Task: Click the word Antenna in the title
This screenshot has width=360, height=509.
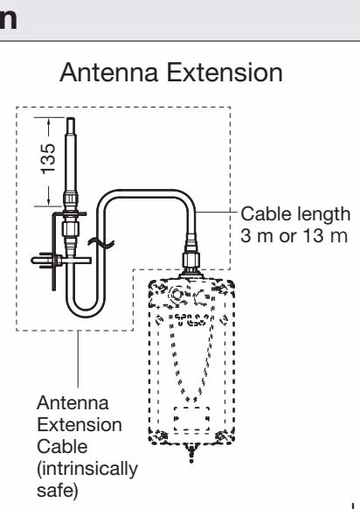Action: pyautogui.click(x=109, y=73)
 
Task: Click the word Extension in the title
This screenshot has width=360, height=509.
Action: pyautogui.click(x=225, y=73)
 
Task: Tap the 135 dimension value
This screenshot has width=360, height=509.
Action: pyautogui.click(x=48, y=158)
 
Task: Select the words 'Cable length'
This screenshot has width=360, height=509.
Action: pyautogui.click(x=295, y=214)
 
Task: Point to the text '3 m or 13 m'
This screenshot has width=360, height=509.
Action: pyautogui.click(x=294, y=235)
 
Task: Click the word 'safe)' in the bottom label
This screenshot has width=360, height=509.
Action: pyautogui.click(x=58, y=490)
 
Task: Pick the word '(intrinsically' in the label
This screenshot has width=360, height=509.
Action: pyautogui.click(x=87, y=469)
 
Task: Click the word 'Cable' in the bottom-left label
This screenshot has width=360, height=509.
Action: pyautogui.click(x=62, y=447)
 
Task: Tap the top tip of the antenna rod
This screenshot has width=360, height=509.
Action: pyautogui.click(x=71, y=118)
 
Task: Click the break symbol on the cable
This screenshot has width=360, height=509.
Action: pyautogui.click(x=100, y=242)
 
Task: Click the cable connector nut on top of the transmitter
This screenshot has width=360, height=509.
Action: pyautogui.click(x=190, y=259)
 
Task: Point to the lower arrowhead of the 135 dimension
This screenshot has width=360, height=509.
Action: pyautogui.click(x=49, y=201)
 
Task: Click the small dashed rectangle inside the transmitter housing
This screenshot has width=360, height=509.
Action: pyautogui.click(x=191, y=419)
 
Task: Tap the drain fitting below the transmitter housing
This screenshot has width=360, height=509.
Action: pyautogui.click(x=191, y=453)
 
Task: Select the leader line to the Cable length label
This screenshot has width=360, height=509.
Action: pyautogui.click(x=217, y=213)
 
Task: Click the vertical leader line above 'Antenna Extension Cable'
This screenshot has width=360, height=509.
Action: pyautogui.click(x=78, y=359)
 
